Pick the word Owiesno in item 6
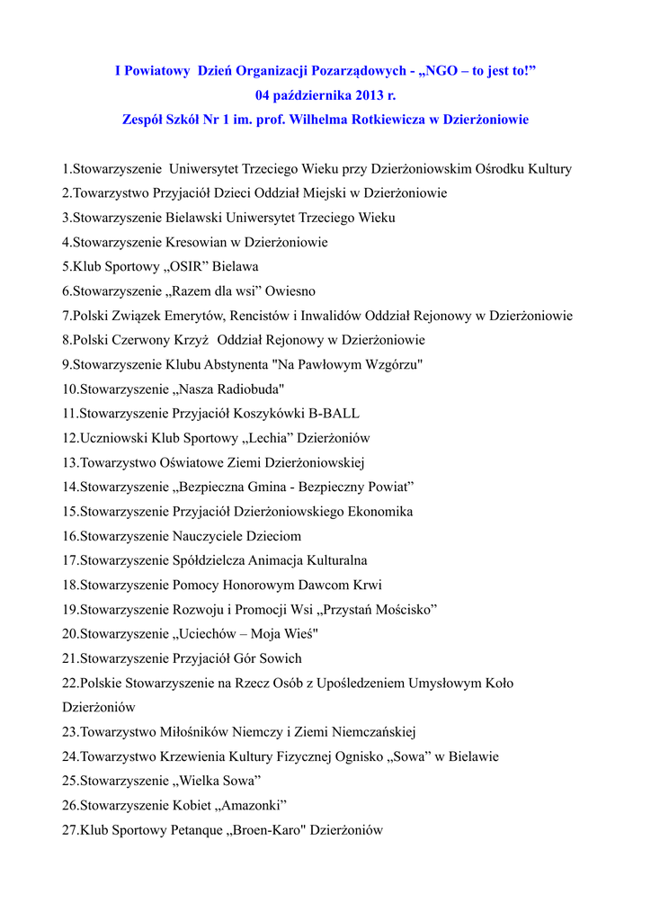290,291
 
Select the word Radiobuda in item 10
239,389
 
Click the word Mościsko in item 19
397,610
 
